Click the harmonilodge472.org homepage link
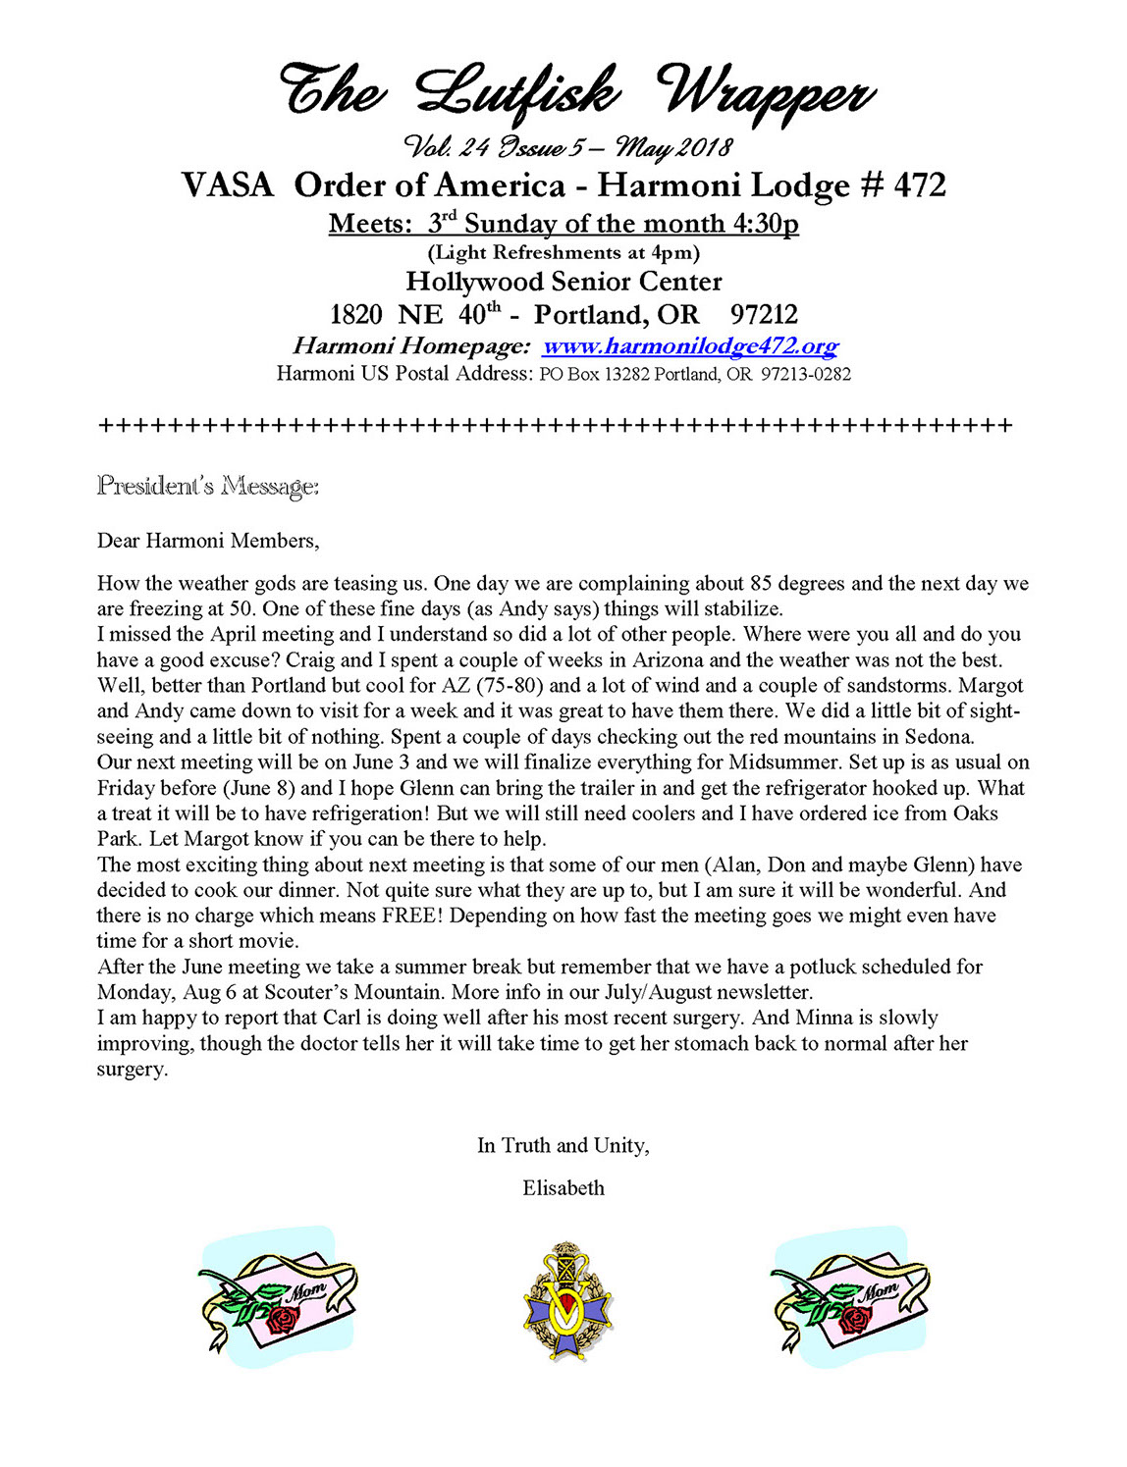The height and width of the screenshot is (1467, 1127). (x=690, y=346)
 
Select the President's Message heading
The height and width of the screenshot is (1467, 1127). (x=207, y=486)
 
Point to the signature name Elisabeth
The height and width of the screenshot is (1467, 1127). (x=563, y=1188)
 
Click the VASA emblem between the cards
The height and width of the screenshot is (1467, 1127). (x=566, y=1301)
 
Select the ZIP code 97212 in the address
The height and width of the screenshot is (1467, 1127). (x=764, y=315)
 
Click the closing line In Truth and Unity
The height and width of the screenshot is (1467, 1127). (x=563, y=1145)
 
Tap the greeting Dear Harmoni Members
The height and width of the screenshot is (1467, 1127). (x=208, y=541)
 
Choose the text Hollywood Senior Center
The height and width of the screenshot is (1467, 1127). (x=563, y=282)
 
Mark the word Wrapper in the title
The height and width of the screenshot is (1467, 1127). (x=767, y=94)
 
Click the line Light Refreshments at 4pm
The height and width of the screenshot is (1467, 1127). (x=563, y=253)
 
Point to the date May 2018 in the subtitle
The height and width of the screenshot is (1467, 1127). (x=673, y=147)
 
